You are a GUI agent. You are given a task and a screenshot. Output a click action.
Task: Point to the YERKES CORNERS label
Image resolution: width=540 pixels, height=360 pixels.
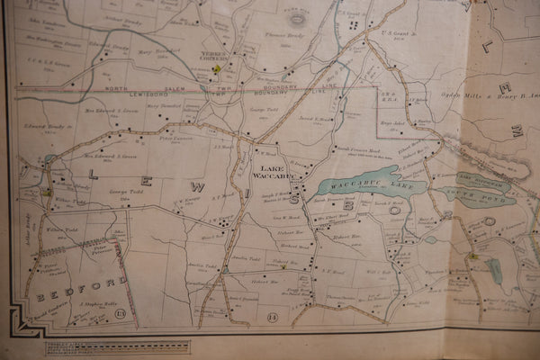point(219,53)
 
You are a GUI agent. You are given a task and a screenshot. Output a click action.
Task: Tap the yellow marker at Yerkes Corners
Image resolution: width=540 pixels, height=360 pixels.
point(216,67)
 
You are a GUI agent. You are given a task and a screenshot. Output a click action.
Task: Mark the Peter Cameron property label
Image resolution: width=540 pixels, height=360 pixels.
point(177,138)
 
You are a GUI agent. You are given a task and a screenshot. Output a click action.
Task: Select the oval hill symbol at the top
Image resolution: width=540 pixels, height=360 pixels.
point(296,17)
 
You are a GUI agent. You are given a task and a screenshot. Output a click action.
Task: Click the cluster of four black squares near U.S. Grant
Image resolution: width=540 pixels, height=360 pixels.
point(352,25)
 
